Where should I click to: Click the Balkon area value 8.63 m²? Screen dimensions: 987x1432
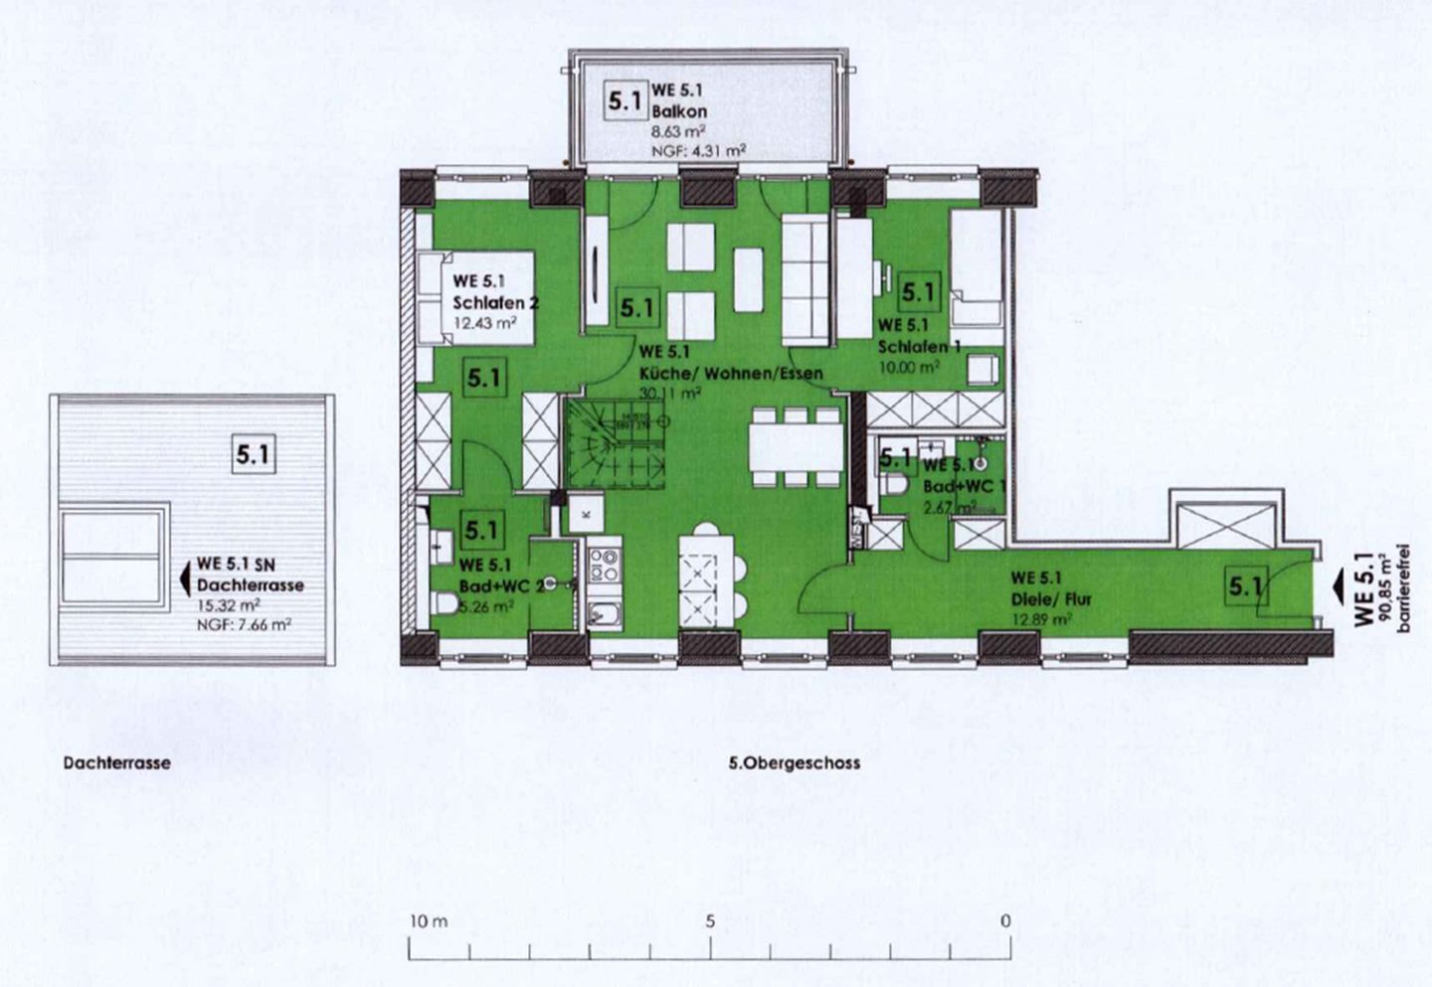point(679,130)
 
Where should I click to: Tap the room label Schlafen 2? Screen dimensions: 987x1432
point(495,303)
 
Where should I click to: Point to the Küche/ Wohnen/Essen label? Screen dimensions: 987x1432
point(731,374)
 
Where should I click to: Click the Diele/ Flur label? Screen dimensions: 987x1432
point(1051,599)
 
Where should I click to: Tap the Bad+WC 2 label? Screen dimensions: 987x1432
point(501,586)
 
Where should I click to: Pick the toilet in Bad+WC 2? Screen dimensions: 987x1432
point(445,603)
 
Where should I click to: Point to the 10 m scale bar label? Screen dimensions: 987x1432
point(429,921)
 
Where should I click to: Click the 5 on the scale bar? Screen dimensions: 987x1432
point(710,921)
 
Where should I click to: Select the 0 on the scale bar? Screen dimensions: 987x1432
point(1004,921)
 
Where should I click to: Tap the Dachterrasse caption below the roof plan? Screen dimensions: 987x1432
point(116,763)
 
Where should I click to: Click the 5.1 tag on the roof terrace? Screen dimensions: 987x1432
point(254,455)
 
